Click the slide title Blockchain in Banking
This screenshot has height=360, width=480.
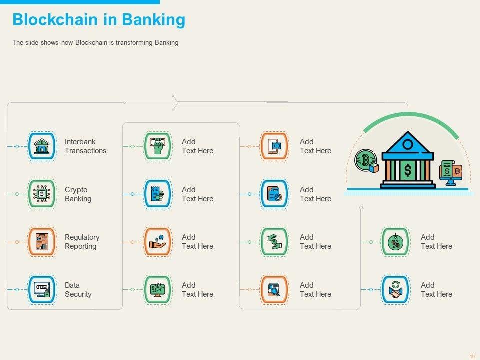pos(98,20)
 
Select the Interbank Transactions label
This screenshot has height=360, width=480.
pos(85,146)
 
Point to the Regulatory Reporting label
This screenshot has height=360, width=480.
pos(82,242)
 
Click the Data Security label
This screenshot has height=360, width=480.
pos(78,290)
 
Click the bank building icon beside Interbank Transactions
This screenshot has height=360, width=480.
pos(42,146)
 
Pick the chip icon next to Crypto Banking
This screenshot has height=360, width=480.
pos(42,194)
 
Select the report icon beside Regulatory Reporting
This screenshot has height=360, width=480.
pos(42,242)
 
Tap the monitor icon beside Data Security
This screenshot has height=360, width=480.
pos(42,290)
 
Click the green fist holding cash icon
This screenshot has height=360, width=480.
pos(158,146)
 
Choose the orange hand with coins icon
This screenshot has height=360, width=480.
pos(158,242)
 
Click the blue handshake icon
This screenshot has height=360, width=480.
pos(395,290)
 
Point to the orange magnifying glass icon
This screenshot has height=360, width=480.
pos(274,290)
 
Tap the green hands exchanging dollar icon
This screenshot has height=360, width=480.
pos(274,242)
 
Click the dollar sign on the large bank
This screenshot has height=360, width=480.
pos(408,170)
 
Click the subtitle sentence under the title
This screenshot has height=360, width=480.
pos(95,43)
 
